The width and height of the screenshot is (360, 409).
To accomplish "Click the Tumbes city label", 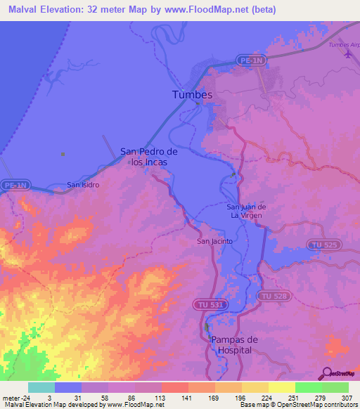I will pyautogui.click(x=192, y=94).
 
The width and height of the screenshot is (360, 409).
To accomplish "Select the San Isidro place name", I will pyautogui.click(x=83, y=185).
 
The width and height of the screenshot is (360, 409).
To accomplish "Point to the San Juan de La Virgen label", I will pyautogui.click(x=245, y=211).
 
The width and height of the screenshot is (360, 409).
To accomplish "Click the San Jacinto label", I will pyautogui.click(x=214, y=241).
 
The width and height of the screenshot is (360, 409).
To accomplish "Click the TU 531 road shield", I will pyautogui.click(x=207, y=304).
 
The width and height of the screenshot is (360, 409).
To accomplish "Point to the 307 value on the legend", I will pyautogui.click(x=346, y=397).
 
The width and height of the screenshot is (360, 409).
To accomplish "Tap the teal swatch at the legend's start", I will pyautogui.click(x=41, y=387).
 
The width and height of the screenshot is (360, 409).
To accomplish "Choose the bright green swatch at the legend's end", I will pyautogui.click(x=335, y=387).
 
